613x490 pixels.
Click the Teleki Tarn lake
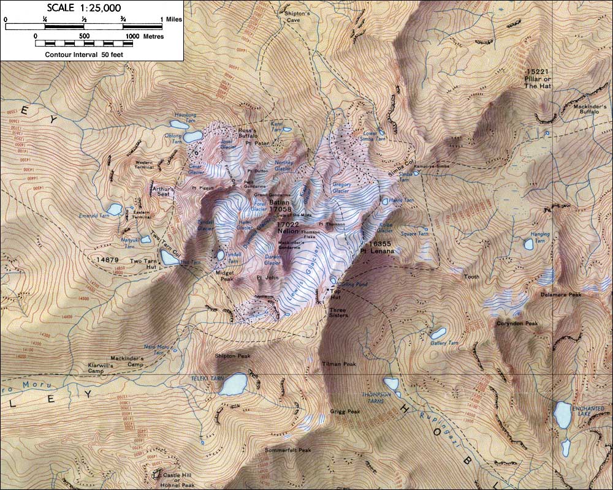click(x=234, y=384)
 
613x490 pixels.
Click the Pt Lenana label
click(x=376, y=251)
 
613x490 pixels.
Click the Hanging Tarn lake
click(x=528, y=244)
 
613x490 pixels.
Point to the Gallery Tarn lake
click(x=438, y=334)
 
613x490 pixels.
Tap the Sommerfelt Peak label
click(x=288, y=450)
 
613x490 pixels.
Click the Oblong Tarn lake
click(x=192, y=136)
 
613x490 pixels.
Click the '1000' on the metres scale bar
click(x=132, y=36)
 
